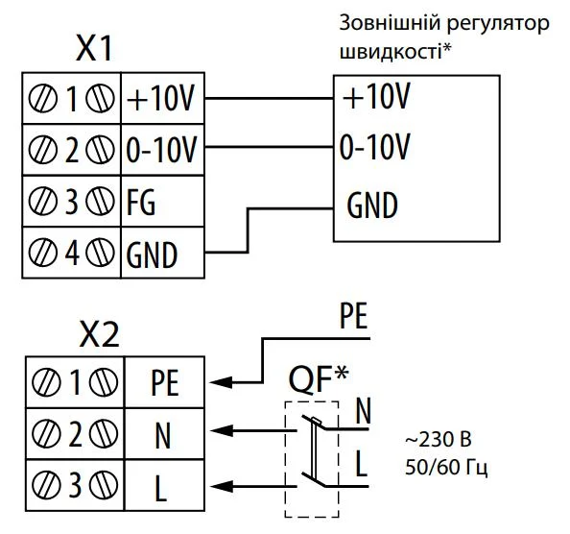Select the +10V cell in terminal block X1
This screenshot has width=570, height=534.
[161, 97]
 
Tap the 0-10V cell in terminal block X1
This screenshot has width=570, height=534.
[161, 149]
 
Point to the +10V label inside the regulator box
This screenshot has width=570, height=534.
[375, 97]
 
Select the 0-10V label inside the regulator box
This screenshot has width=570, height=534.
[375, 149]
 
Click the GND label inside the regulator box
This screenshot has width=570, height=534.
[371, 206]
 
